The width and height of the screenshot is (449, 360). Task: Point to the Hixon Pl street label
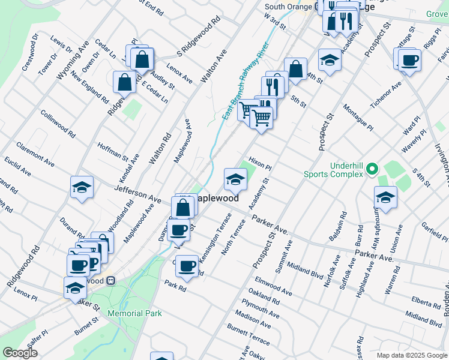click(x=261, y=163)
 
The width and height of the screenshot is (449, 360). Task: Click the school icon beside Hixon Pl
click(x=235, y=178)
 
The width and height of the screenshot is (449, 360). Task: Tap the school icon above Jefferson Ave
click(x=82, y=187)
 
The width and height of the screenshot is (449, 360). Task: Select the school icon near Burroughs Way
click(x=385, y=196)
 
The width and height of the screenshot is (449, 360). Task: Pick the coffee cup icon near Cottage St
click(x=410, y=60)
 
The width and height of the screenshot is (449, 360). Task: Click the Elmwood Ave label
click(x=273, y=286)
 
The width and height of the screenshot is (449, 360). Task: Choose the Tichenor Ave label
click(x=386, y=95)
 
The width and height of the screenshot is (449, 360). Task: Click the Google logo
click(x=20, y=353)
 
